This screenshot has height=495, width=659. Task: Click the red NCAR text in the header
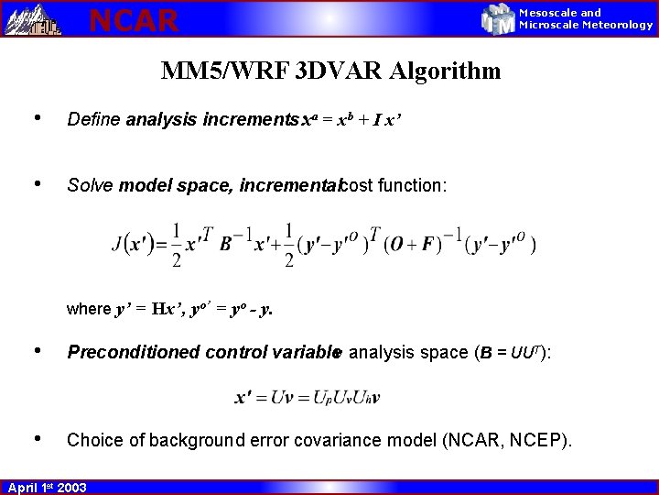click(134, 19)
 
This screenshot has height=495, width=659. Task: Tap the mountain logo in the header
click(33, 18)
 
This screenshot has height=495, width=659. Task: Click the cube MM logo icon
click(499, 18)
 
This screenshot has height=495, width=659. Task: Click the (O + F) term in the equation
click(416, 245)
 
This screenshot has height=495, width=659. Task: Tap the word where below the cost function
click(88, 309)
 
